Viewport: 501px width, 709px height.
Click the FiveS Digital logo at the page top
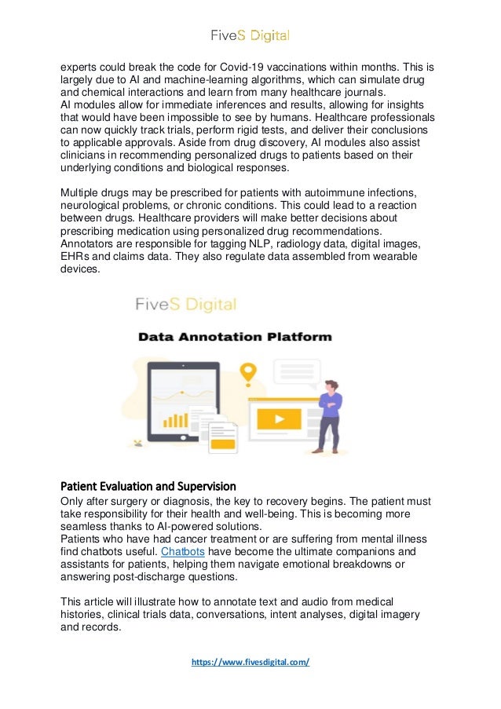(x=250, y=35)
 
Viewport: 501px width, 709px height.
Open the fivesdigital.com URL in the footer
(x=251, y=662)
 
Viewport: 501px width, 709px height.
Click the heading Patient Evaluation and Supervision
(x=148, y=485)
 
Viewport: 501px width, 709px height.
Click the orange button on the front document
(x=223, y=445)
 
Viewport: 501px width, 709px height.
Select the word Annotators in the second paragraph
(x=90, y=243)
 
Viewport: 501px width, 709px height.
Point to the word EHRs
(x=76, y=256)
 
